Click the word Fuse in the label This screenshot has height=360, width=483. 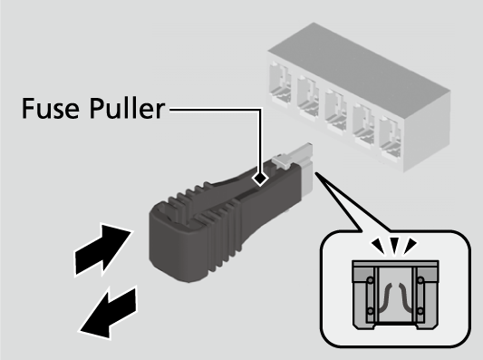[51, 108]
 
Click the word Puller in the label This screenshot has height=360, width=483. [127, 108]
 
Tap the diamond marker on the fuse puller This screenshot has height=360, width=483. [260, 179]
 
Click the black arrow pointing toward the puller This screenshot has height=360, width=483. [103, 249]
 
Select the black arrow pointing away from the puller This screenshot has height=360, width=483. [109, 314]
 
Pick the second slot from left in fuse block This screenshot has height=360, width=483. [308, 97]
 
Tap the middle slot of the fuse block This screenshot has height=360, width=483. [335, 111]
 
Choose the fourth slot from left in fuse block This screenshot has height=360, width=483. [363, 125]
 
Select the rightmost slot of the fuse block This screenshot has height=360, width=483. [391, 139]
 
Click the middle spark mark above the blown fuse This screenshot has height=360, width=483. [394, 246]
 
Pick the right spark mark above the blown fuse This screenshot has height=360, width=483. [410, 246]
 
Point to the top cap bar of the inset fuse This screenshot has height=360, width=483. [395, 264]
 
